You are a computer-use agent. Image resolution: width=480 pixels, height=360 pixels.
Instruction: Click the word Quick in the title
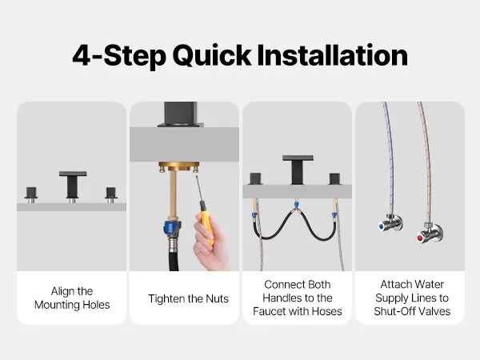212,56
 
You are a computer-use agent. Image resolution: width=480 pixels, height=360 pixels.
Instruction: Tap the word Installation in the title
333,55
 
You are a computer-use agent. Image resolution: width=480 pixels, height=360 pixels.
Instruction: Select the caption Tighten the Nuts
188,298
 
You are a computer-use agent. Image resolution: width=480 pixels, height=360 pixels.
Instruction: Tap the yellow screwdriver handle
207,221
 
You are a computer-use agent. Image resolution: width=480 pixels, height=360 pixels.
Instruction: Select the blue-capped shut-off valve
390,222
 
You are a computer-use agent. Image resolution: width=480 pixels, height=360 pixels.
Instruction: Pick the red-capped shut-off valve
429,234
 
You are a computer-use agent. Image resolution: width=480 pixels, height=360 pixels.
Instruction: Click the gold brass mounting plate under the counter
178,167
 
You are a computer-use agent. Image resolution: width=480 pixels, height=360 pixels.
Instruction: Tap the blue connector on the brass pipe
171,227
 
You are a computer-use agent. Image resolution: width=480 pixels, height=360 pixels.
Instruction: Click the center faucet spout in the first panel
73,186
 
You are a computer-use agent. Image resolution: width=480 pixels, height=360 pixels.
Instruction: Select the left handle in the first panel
31,194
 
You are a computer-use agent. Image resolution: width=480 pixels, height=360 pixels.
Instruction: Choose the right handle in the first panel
111,195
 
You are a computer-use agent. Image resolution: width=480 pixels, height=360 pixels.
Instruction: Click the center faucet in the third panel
298,170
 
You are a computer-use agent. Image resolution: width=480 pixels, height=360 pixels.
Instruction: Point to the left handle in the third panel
256,178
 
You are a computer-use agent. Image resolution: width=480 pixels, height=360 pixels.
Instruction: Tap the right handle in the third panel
335,179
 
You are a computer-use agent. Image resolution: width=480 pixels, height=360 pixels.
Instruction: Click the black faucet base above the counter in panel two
180,114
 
